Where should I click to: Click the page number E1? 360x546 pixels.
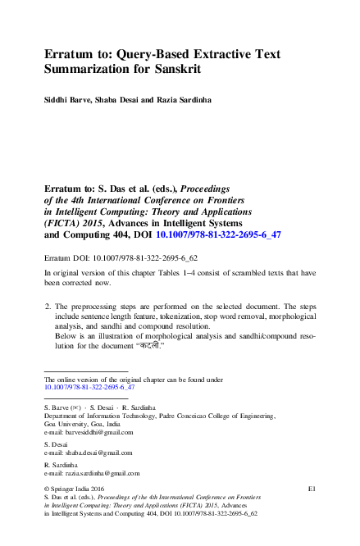click(312, 489)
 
